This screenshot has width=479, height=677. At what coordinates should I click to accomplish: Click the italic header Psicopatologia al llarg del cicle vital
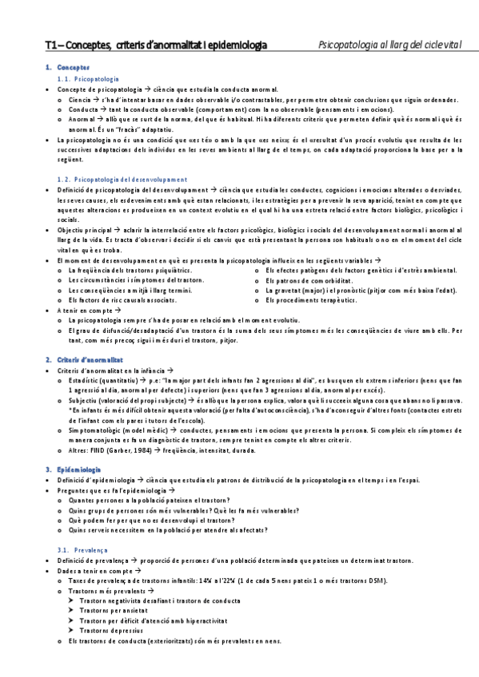[389, 46]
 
